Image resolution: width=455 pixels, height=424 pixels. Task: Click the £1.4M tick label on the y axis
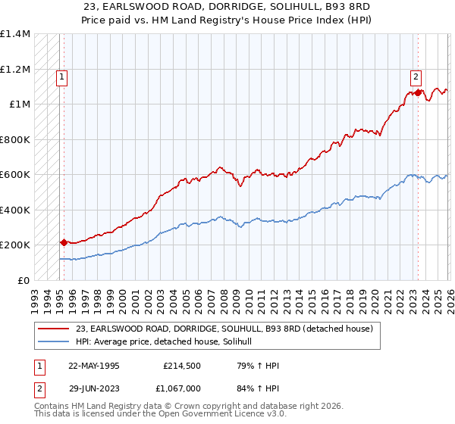coord(15,34)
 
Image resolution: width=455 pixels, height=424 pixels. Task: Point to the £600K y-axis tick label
coord(15,174)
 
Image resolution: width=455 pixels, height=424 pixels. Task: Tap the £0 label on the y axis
coord(24,280)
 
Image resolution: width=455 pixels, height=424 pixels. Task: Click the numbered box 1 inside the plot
coord(61,76)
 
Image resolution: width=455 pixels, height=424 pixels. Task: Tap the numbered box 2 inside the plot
coord(416,76)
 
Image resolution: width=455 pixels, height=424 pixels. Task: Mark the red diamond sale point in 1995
coord(64,243)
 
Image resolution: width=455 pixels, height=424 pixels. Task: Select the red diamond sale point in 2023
coord(418,93)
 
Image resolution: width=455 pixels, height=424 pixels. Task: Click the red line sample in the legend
coord(54,329)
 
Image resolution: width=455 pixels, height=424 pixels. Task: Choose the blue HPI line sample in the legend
coord(54,342)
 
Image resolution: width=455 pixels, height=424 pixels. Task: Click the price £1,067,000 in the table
coord(183,388)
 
